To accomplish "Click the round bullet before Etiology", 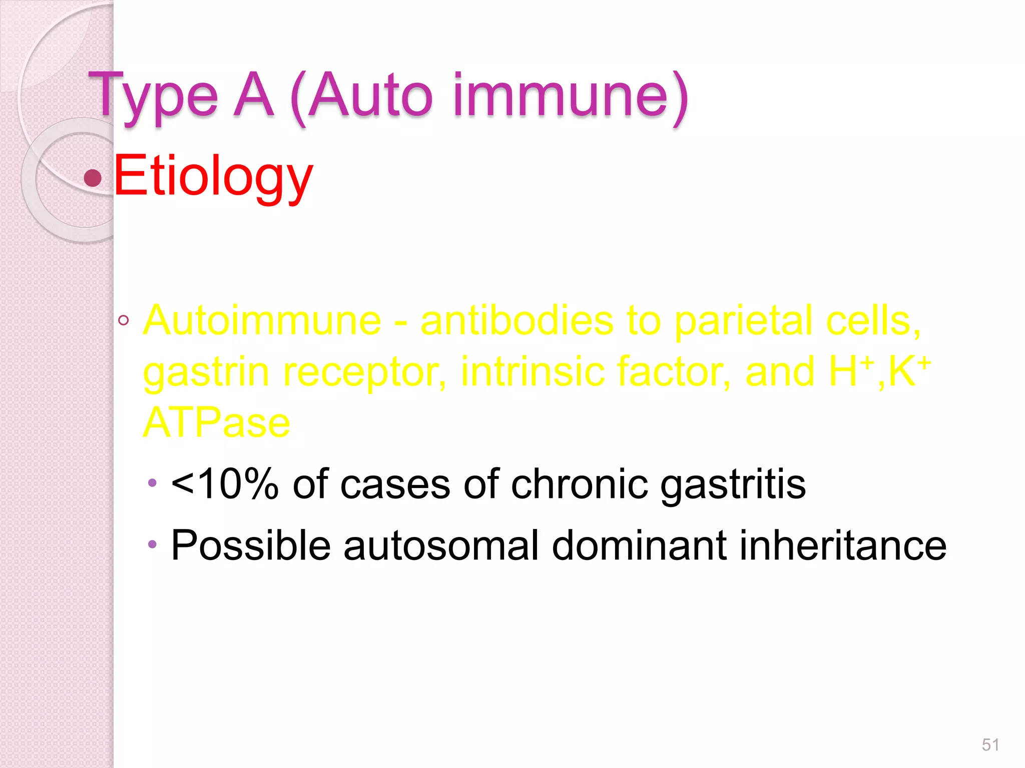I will pos(93,177).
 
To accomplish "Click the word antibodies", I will pos(517,320).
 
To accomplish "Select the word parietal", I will pos(744,320).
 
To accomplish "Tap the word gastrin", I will pos(206,372).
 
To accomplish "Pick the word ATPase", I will pos(216,422).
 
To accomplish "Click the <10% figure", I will pos(225,484).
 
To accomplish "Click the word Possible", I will pos(251,545).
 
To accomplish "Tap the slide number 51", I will pos(990,745).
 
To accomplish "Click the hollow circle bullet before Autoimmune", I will pos(124,320).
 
